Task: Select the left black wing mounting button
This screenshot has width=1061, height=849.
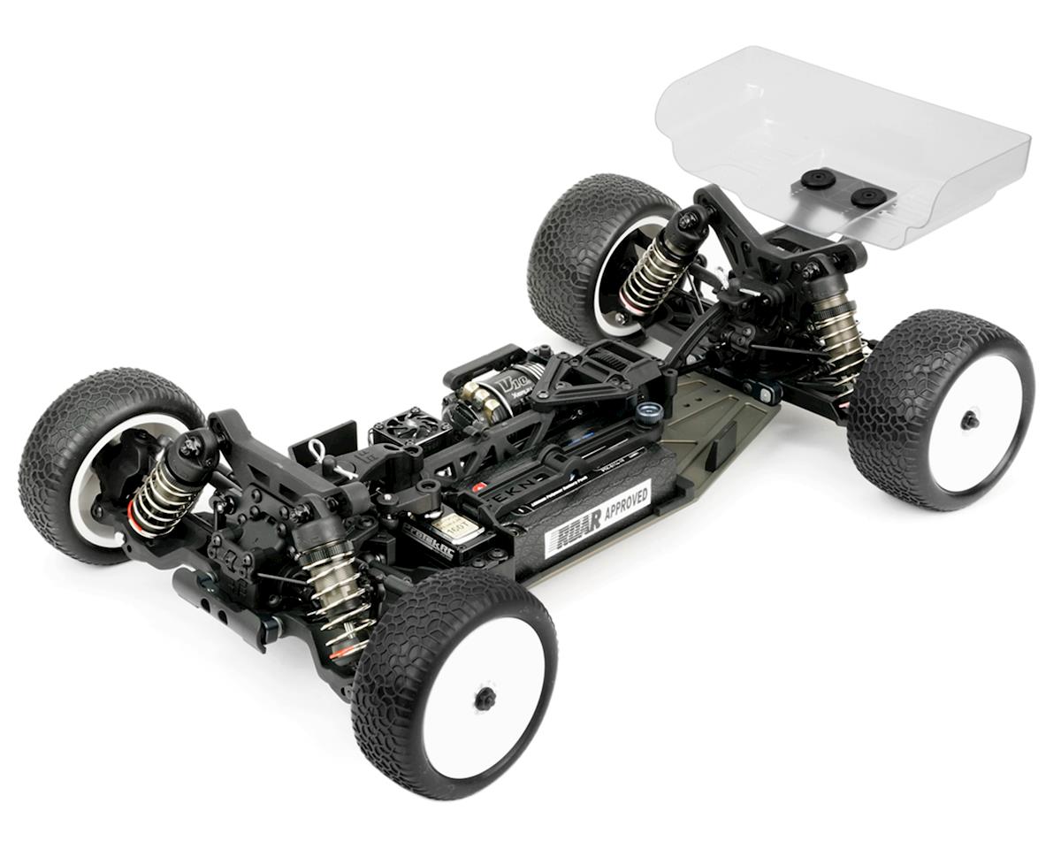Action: [818, 180]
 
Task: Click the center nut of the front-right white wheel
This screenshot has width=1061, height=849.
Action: [485, 699]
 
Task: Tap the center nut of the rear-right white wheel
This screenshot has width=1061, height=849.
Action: [970, 420]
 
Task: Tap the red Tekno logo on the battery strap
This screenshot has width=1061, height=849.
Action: [480, 487]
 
